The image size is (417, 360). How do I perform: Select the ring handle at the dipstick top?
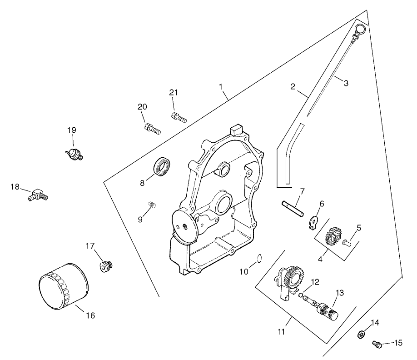360,30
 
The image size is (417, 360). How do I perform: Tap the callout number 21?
173,92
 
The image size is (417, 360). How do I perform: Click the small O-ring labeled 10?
259,259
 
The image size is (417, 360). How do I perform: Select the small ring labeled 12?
301,295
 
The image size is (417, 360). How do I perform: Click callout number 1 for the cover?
221,85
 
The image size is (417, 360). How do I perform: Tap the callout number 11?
282,332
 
